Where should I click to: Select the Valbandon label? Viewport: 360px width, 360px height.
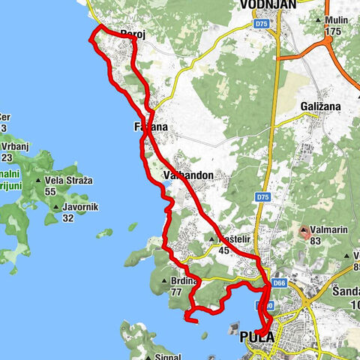pyautogui.click(x=188, y=175)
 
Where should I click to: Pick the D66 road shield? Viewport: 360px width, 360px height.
pyautogui.click(x=280, y=283)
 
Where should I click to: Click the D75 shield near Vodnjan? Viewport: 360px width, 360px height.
pyautogui.click(x=260, y=24)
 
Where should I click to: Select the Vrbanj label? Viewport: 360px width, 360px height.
pyautogui.click(x=13, y=147)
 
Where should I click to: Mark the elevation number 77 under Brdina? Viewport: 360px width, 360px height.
pyautogui.click(x=176, y=292)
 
